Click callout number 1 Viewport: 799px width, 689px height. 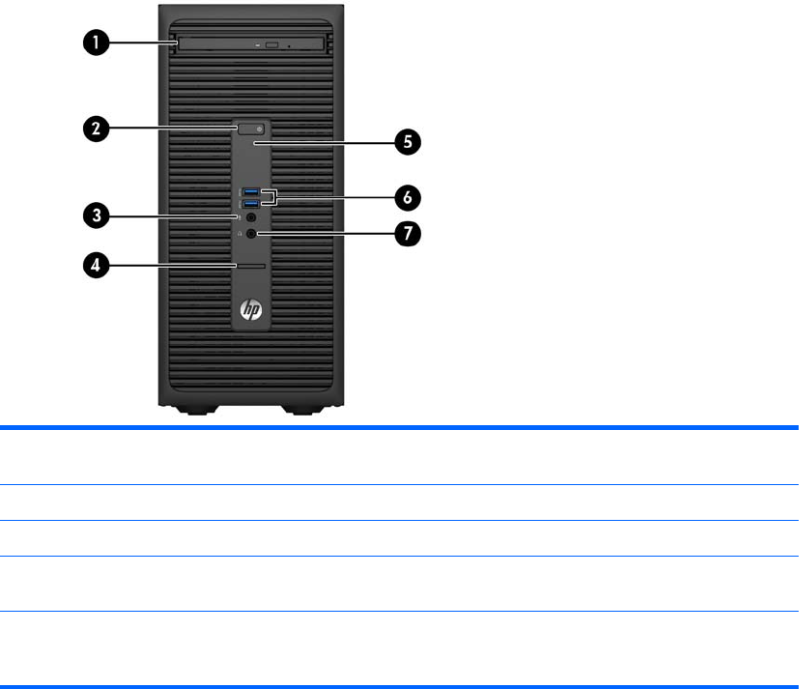click(93, 43)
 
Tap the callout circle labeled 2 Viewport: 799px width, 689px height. click(93, 127)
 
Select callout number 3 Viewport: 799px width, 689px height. click(93, 215)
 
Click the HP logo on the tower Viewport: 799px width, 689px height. click(252, 311)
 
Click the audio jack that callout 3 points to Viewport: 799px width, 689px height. click(252, 218)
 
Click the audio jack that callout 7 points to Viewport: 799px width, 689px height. click(252, 233)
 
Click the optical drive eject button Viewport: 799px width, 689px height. click(272, 44)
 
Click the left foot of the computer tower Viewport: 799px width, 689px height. click(194, 412)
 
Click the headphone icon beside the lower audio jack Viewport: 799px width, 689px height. click(240, 233)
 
